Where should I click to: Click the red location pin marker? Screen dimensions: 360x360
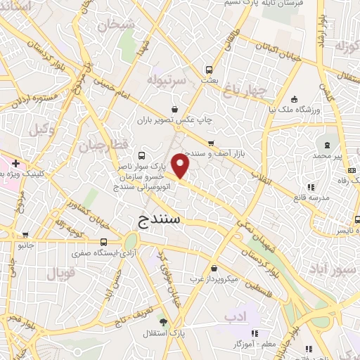point(181,166)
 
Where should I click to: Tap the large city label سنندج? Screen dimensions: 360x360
point(156,219)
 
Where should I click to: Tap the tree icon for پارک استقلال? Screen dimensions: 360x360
point(164,322)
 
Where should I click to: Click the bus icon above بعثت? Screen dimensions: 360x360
point(208,70)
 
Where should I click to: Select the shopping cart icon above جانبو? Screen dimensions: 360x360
point(25,236)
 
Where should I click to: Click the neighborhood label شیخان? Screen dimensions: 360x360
point(117,26)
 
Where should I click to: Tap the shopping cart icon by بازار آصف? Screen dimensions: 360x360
point(210,143)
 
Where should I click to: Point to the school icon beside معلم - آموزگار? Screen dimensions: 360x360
point(255,333)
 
